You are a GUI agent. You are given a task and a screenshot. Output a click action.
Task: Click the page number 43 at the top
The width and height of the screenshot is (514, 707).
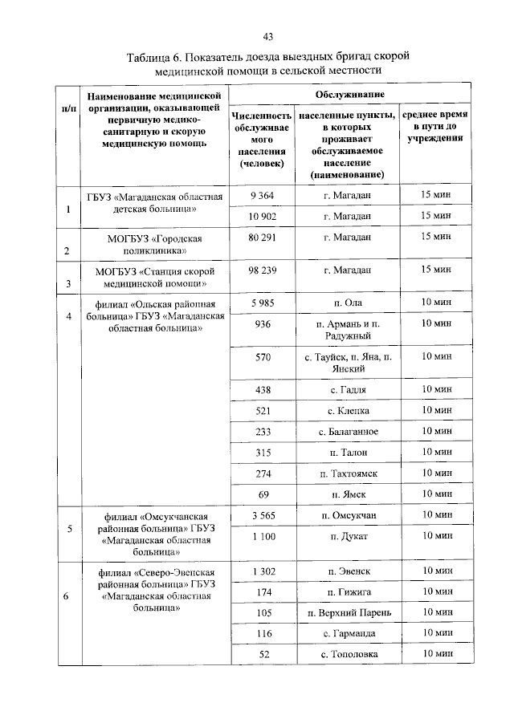(x=268, y=36)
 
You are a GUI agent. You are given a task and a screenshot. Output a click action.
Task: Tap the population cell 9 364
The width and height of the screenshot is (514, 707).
(x=262, y=195)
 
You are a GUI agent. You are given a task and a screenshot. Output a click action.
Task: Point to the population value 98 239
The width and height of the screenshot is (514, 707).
(x=262, y=270)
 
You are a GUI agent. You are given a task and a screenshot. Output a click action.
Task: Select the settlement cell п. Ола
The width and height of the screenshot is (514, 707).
(x=348, y=303)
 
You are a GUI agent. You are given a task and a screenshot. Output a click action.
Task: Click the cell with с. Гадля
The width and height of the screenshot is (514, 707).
(x=348, y=390)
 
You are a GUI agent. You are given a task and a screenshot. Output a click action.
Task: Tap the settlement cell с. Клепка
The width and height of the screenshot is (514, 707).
(x=348, y=411)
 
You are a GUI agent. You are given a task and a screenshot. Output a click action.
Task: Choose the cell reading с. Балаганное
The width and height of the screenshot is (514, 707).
(x=348, y=432)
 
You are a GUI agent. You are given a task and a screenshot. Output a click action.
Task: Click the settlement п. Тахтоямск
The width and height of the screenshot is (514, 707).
(x=348, y=473)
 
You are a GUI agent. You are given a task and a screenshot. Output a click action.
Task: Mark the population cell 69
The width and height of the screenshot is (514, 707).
(x=263, y=494)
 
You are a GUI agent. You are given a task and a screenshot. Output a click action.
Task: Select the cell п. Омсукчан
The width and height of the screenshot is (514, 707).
(x=348, y=514)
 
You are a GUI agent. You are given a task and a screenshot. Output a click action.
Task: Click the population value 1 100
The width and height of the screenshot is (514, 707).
(x=263, y=535)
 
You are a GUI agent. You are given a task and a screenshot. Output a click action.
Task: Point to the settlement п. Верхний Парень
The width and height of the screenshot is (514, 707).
(x=348, y=612)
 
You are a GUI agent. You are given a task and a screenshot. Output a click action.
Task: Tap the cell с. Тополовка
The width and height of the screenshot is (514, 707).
(x=348, y=654)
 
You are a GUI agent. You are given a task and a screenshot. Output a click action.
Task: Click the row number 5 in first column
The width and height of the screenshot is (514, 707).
(x=68, y=529)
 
